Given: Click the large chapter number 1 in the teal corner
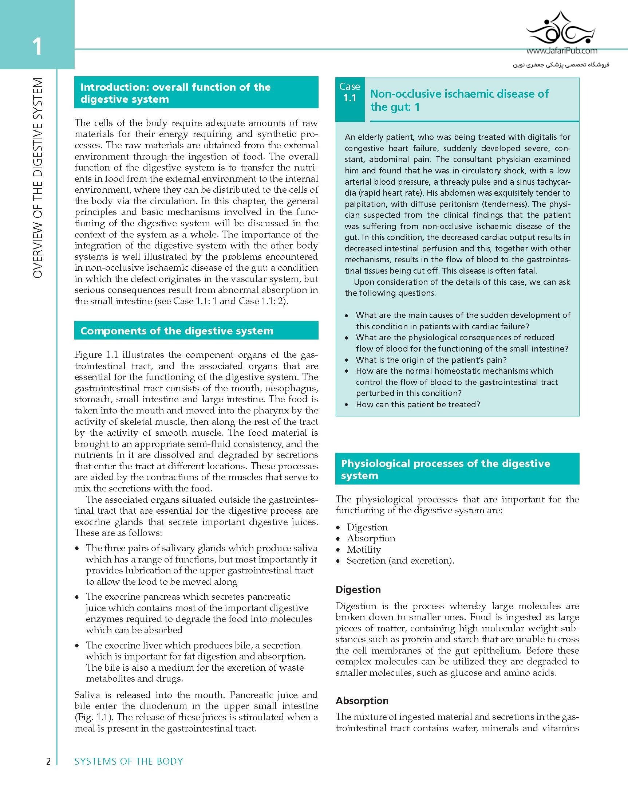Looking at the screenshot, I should [37, 47].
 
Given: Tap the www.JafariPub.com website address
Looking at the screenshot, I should [562, 51].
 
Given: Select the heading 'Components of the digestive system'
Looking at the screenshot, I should [177, 331].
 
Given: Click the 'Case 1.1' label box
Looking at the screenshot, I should [350, 92].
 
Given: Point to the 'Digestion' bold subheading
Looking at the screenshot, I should [358, 589].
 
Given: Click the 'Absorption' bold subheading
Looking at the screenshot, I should [362, 701].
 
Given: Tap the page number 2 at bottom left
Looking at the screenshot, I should [48, 761].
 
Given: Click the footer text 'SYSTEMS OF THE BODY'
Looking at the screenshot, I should [129, 761].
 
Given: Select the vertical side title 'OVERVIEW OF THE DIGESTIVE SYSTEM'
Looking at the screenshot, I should [38, 178].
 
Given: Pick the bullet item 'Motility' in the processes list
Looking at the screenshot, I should [364, 549].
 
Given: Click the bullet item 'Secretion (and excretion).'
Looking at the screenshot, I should [400, 560].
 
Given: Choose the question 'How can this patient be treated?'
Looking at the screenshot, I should [418, 404].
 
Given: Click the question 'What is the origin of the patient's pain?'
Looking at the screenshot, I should [431, 360].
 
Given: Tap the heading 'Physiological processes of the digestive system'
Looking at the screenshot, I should [445, 469].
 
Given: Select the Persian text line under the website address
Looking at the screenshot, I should [560, 64].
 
